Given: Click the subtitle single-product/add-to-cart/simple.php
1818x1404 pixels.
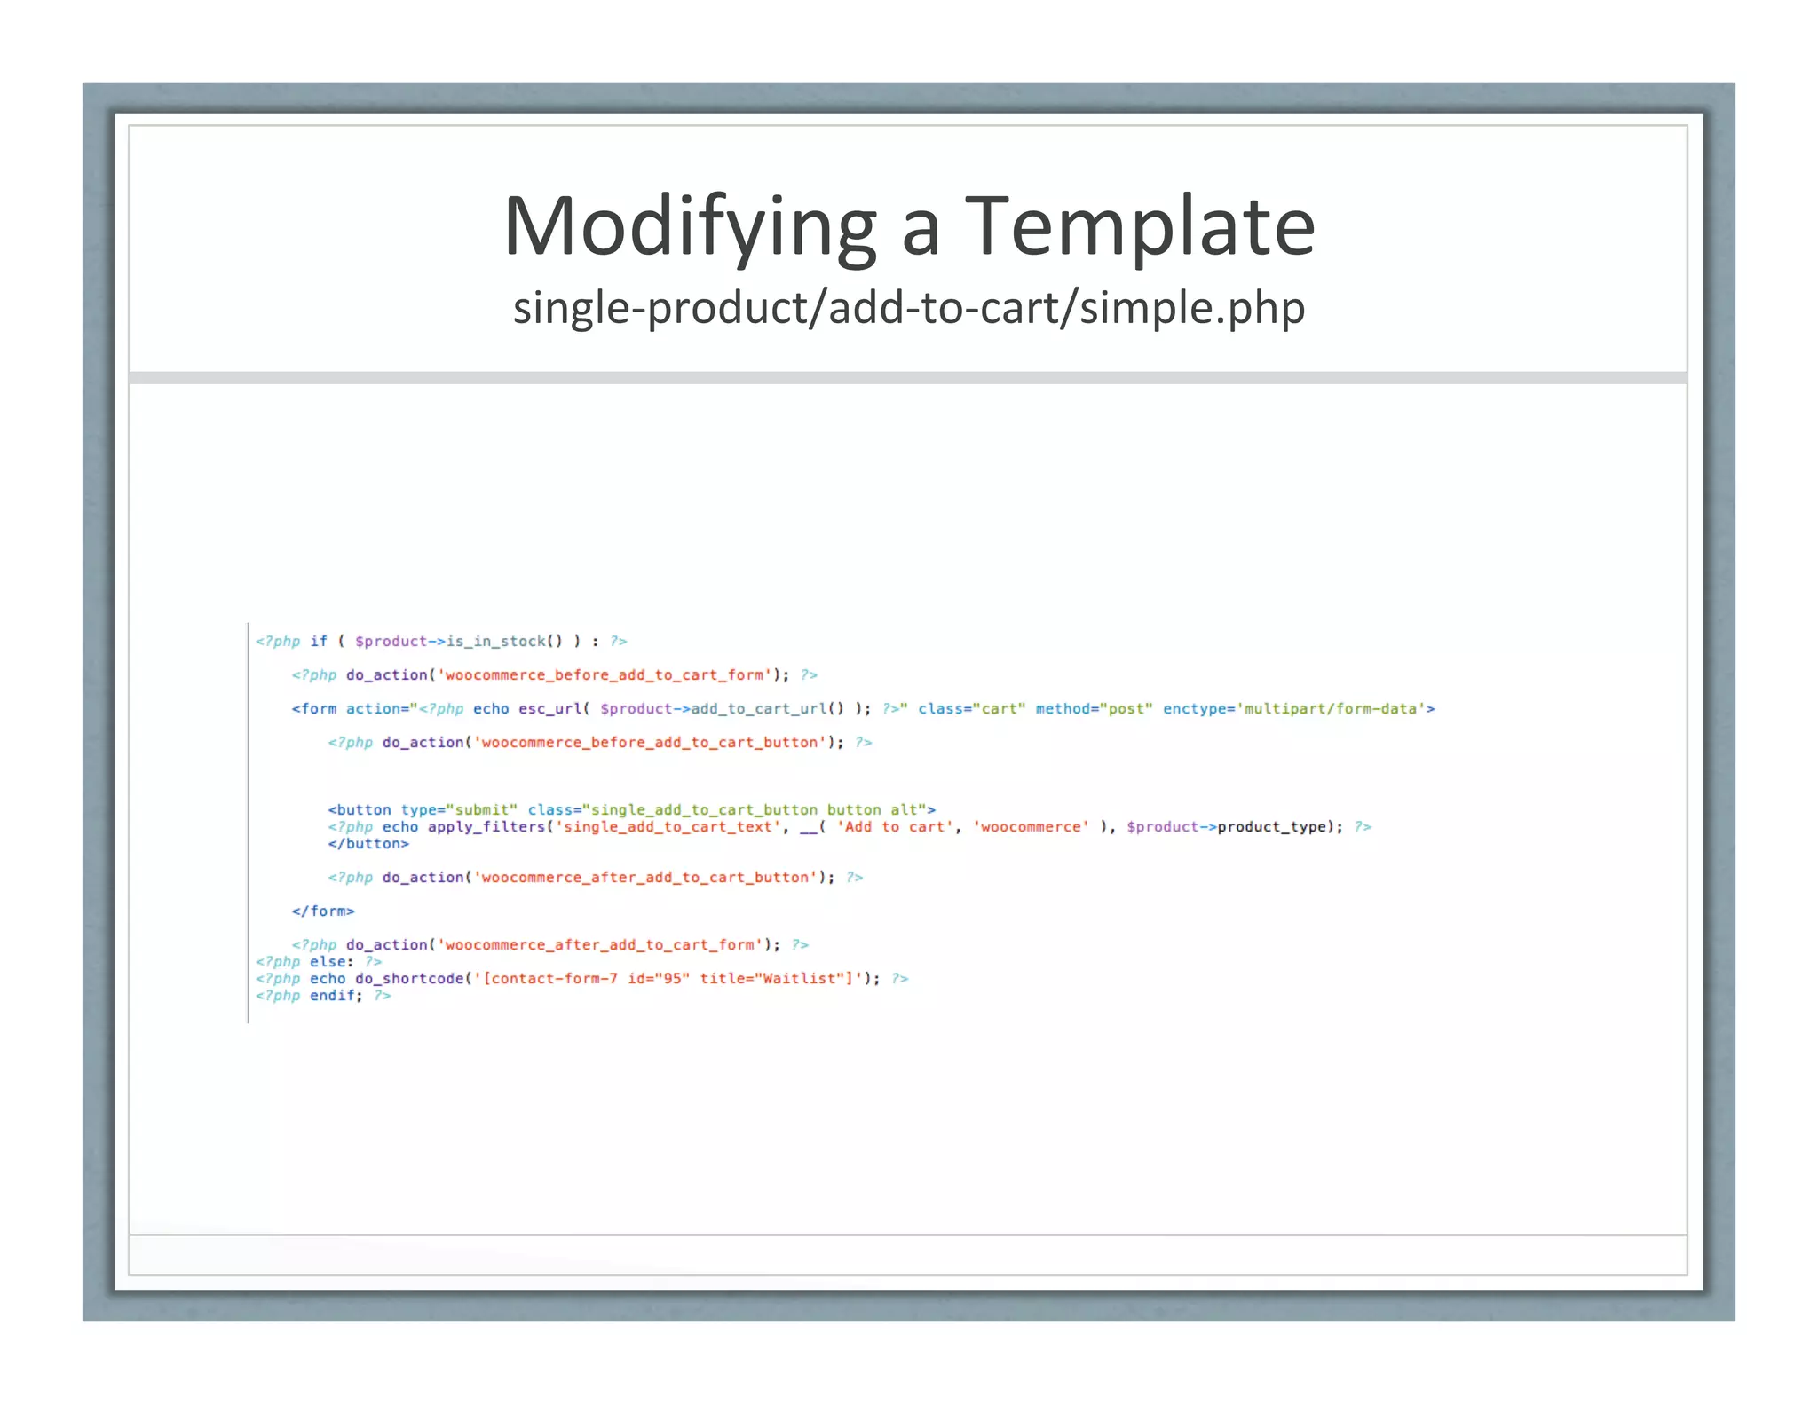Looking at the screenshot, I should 909,308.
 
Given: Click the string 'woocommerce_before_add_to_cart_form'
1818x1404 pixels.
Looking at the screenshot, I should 605,675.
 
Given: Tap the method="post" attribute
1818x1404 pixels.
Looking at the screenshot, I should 1094,709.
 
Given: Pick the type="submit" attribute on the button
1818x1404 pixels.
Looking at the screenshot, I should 458,810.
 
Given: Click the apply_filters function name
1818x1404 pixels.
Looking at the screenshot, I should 486,827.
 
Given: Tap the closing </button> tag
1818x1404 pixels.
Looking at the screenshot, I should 368,844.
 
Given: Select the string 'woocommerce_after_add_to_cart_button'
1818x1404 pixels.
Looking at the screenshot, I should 644,878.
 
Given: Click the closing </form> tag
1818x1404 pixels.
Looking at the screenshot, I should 323,911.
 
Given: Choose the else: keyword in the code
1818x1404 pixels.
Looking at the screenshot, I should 331,962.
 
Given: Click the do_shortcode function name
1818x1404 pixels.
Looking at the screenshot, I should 409,979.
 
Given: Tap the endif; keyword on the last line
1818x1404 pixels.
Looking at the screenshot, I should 336,996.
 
